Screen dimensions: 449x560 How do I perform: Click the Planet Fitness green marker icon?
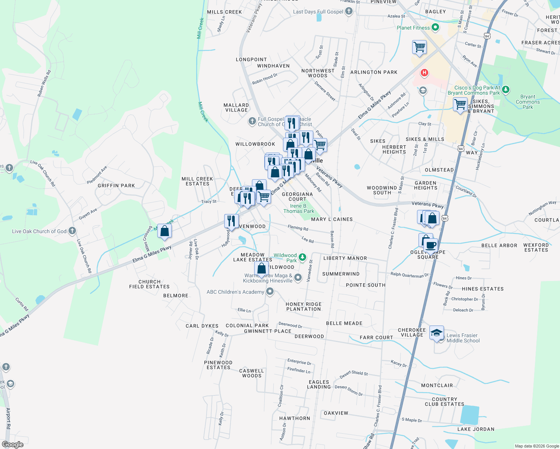click(x=435, y=27)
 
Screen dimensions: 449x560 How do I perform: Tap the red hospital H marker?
click(x=424, y=73)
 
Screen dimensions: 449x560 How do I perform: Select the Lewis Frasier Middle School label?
click(x=463, y=338)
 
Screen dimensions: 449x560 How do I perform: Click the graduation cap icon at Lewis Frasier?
click(x=436, y=333)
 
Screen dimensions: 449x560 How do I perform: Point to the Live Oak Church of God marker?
click(x=72, y=231)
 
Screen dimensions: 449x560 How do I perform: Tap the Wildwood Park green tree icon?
click(x=302, y=257)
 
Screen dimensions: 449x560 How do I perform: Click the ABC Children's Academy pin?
click(x=270, y=291)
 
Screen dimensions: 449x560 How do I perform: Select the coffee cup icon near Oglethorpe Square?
click(x=430, y=245)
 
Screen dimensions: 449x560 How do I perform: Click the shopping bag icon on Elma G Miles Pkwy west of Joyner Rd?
click(x=164, y=231)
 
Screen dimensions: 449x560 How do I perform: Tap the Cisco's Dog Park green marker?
click(x=506, y=89)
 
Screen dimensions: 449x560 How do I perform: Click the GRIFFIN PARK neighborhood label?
click(x=116, y=186)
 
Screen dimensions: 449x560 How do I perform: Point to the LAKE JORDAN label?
click(x=476, y=429)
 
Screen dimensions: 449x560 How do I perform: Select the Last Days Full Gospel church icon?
click(x=349, y=11)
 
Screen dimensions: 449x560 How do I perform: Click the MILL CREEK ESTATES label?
click(x=197, y=181)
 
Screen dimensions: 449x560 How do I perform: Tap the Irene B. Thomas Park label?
click(x=299, y=208)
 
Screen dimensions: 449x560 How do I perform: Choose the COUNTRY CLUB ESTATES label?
click(x=444, y=401)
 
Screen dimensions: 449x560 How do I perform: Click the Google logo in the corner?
click(x=13, y=444)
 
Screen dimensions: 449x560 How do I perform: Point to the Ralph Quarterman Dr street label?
click(x=410, y=275)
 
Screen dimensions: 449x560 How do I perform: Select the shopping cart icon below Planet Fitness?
click(x=419, y=48)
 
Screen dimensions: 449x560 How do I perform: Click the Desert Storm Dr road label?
click(x=349, y=391)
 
